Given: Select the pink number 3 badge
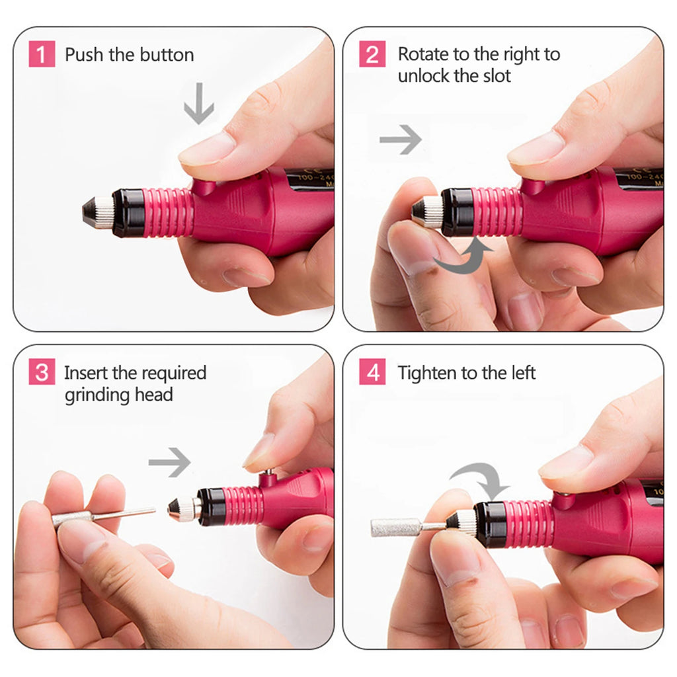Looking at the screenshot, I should [x=42, y=373].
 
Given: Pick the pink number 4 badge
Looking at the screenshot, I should [x=372, y=373].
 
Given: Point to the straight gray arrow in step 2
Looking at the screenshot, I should [x=401, y=139].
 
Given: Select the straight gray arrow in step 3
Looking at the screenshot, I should [x=170, y=462].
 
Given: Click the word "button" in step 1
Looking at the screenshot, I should [x=165, y=55].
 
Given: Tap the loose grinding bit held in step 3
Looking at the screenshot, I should [x=99, y=516].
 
